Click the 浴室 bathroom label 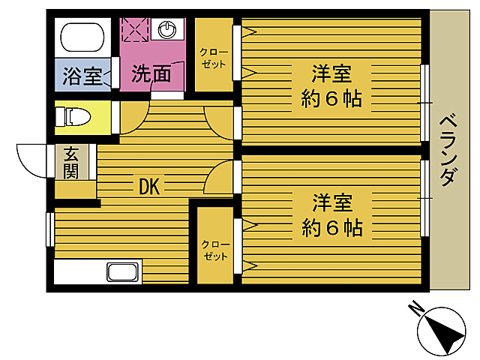tap(82, 76)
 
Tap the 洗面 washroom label tap(152, 74)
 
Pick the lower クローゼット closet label tap(214, 250)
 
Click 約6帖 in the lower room tap(332, 226)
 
